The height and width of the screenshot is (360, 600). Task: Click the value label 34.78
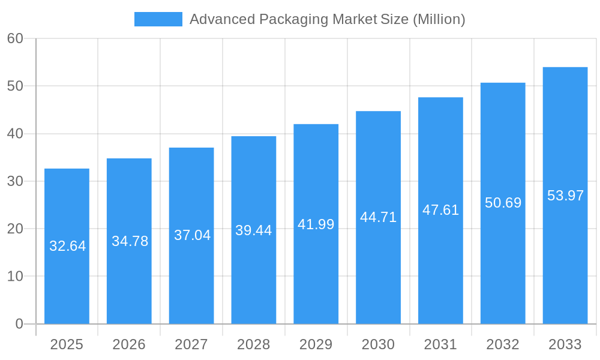coord(130,241)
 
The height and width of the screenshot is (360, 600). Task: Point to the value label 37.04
coord(192,235)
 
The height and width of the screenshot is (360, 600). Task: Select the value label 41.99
coord(316,224)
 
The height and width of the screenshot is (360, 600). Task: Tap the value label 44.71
coord(379,217)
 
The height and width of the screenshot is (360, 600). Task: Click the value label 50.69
coord(503,203)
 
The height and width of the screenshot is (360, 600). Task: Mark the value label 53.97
coord(565,196)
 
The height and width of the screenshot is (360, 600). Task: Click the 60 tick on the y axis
coord(15,38)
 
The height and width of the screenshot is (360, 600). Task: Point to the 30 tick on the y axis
coord(15,181)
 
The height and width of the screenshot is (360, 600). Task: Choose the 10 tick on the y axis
coord(15,277)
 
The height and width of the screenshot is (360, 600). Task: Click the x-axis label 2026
coord(129,344)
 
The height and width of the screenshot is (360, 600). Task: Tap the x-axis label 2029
coord(316,344)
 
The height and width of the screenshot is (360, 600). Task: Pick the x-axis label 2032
coord(503,344)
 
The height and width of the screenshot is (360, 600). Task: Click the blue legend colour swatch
coord(158,19)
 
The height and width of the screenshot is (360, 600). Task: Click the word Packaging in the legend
coord(290,19)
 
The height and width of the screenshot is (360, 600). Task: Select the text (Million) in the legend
coord(439,19)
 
